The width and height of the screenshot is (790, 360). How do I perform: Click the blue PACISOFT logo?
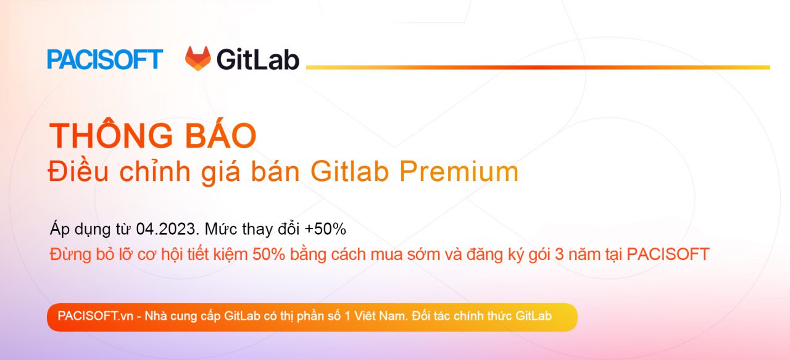pyautogui.click(x=105, y=59)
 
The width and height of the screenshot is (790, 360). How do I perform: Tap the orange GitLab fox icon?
pyautogui.click(x=198, y=59)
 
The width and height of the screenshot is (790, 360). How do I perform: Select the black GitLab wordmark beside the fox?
pyautogui.click(x=258, y=60)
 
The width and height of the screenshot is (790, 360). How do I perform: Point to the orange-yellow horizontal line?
pyautogui.click(x=538, y=67)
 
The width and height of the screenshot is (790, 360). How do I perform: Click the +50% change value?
pyautogui.click(x=325, y=229)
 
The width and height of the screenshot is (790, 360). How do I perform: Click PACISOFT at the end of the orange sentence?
pyautogui.click(x=668, y=254)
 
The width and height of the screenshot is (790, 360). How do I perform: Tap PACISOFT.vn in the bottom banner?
pyautogui.click(x=96, y=316)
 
